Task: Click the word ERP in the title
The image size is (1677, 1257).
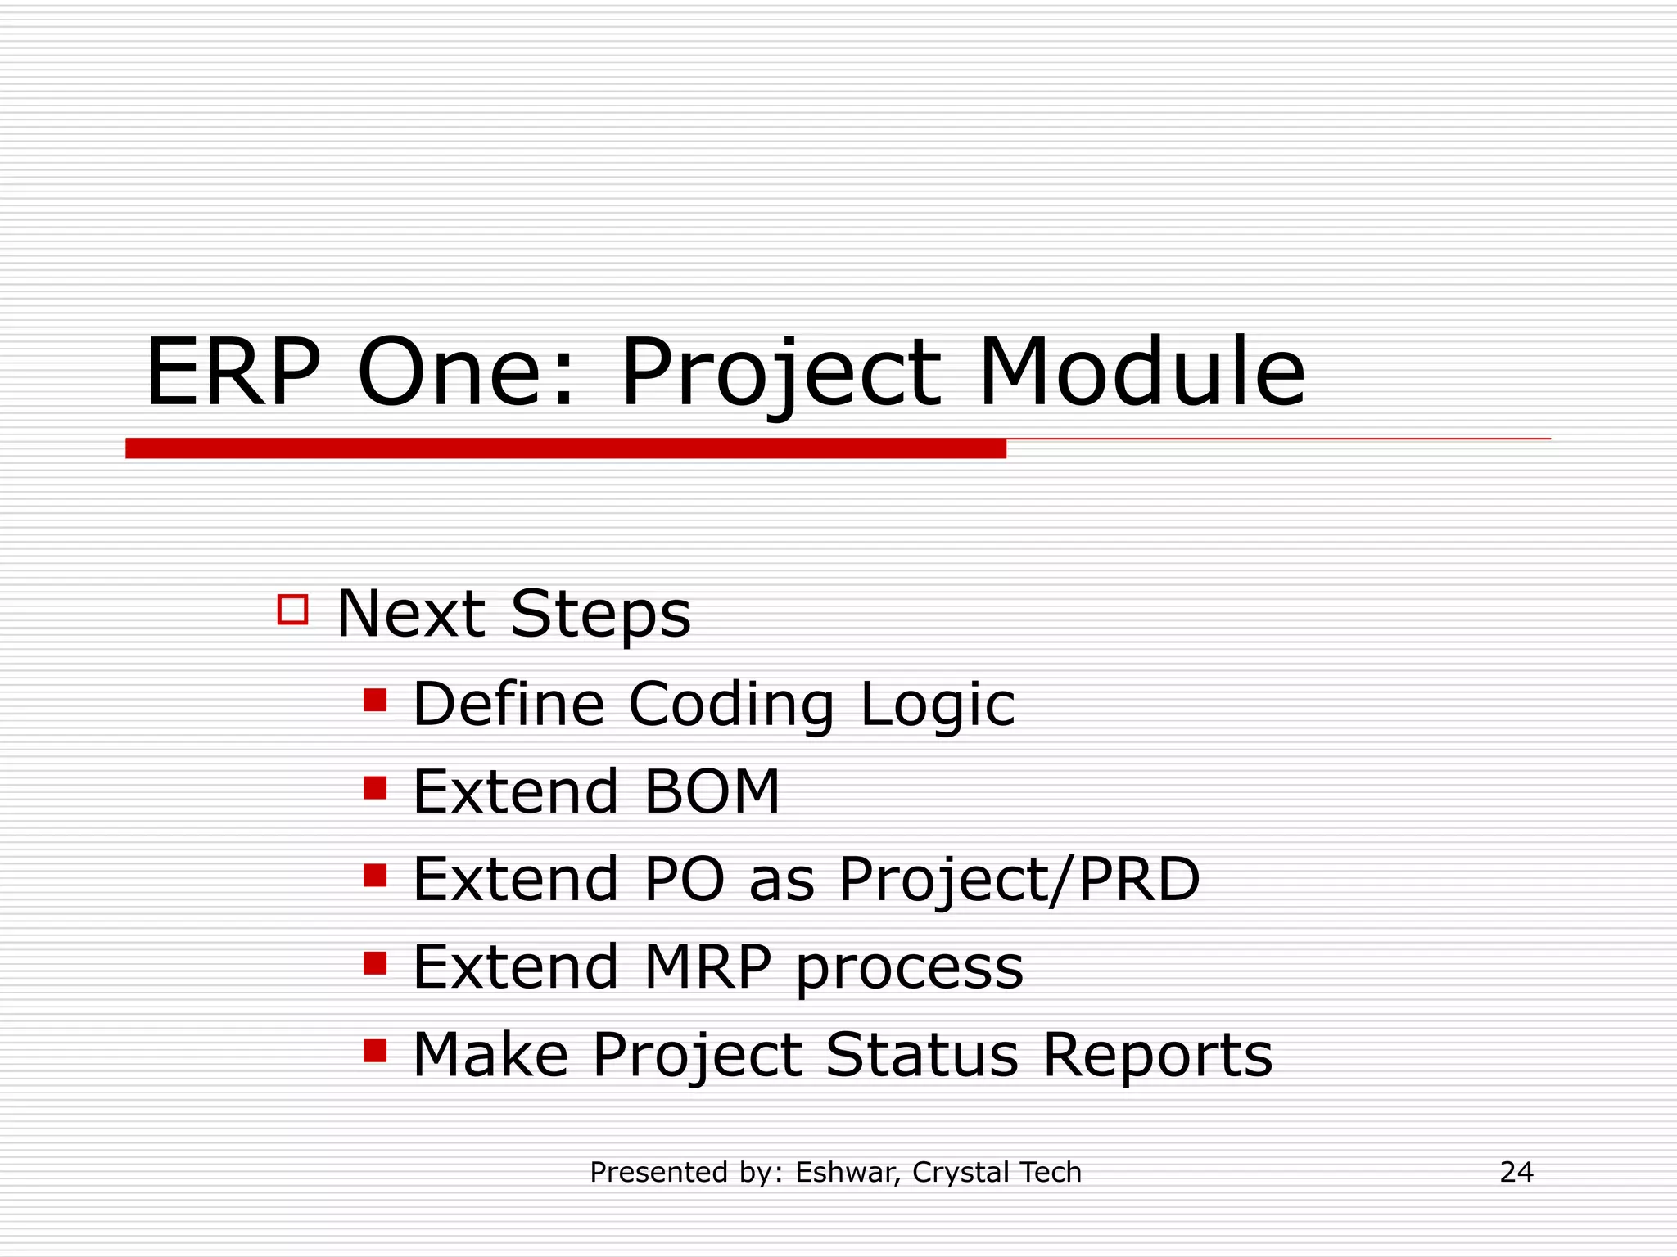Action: pos(233,373)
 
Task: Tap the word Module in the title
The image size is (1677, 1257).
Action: pos(1141,373)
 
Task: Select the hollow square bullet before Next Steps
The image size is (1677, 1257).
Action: pos(292,610)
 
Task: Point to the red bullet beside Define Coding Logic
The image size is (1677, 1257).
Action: pos(375,701)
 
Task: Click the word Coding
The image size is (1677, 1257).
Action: pos(731,705)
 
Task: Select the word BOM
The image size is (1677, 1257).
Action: pos(712,792)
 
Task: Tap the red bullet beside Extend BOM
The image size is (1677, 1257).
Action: pos(375,788)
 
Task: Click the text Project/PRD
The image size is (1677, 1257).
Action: pos(1019,881)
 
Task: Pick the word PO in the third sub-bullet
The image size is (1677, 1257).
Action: pos(684,880)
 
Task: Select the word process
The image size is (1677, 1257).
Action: pos(909,971)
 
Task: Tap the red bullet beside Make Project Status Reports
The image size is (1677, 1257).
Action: pos(375,1050)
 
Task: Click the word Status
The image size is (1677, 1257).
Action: pos(921,1055)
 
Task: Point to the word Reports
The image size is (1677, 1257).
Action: pos(1157,1057)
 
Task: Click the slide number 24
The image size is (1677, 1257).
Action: pos(1516,1172)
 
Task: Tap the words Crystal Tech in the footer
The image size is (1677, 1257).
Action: pos(997,1173)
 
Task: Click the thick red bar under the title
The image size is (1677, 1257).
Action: pos(565,448)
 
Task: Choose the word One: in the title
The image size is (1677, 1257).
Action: pos(466,373)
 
